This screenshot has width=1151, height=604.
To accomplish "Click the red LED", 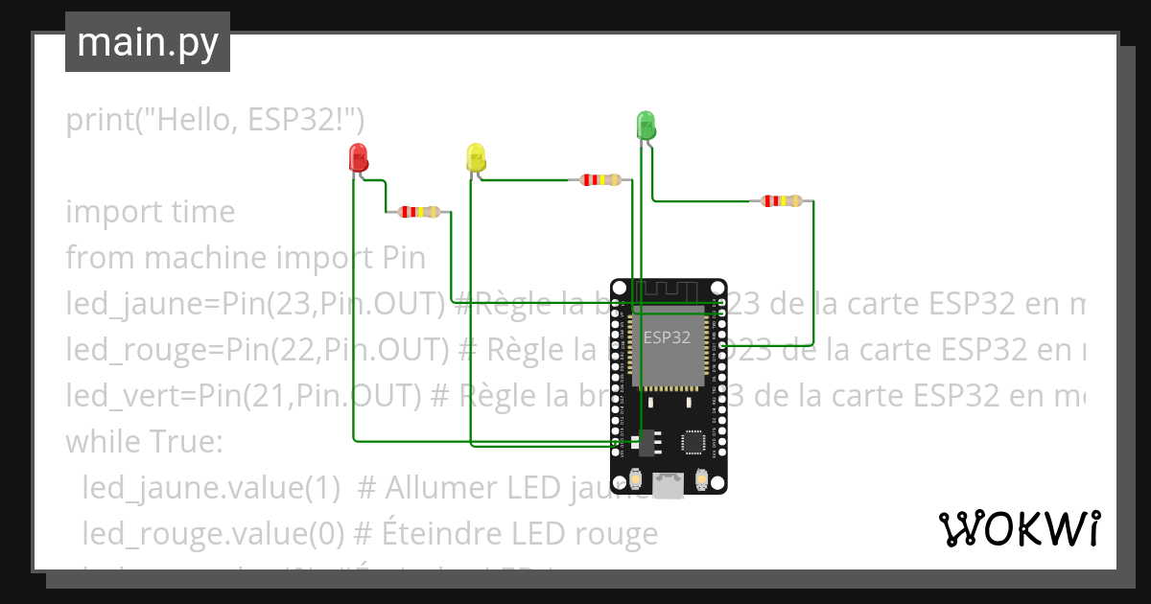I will tap(358, 157).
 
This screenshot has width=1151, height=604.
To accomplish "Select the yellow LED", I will tap(476, 157).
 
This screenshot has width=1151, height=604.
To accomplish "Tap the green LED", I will tap(646, 126).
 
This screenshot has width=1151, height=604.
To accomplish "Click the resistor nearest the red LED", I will tap(419, 212).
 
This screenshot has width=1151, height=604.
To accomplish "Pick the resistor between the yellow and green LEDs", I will tap(601, 179).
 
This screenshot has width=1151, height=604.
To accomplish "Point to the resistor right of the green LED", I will tap(782, 201).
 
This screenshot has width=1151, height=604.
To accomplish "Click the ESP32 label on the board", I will tap(667, 337).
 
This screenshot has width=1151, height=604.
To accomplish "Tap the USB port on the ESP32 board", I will tap(669, 486).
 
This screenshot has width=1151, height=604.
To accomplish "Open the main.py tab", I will tap(148, 43).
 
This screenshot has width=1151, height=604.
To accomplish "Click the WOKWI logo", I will tap(1019, 528).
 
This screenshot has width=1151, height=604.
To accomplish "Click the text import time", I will tap(150, 212).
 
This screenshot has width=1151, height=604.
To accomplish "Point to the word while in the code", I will tap(101, 442).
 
